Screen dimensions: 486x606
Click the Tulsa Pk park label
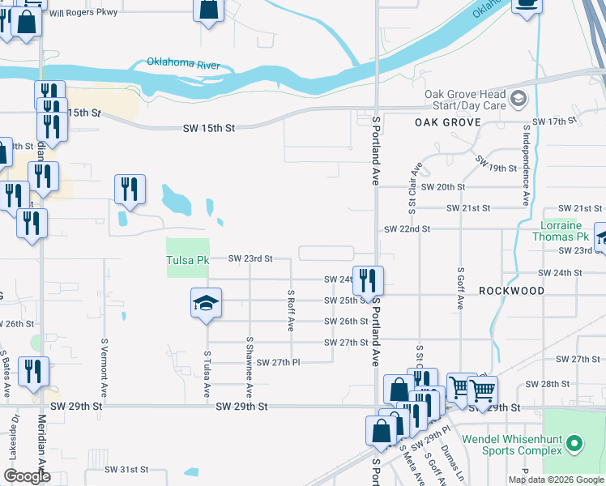187,260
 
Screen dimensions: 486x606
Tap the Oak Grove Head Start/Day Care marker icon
519,100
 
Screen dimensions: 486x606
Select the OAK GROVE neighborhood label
448,122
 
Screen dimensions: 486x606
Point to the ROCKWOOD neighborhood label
511,290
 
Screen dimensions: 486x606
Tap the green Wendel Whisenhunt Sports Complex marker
574,443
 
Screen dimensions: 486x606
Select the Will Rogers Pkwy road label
83,13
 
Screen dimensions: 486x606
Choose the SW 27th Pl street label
279,362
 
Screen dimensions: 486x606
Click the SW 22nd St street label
407,229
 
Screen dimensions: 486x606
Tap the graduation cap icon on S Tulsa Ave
206,304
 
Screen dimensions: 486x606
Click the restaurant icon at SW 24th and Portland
368,281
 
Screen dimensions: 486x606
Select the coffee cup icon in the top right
527,5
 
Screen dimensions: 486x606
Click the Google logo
27,476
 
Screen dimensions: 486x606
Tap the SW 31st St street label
127,469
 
